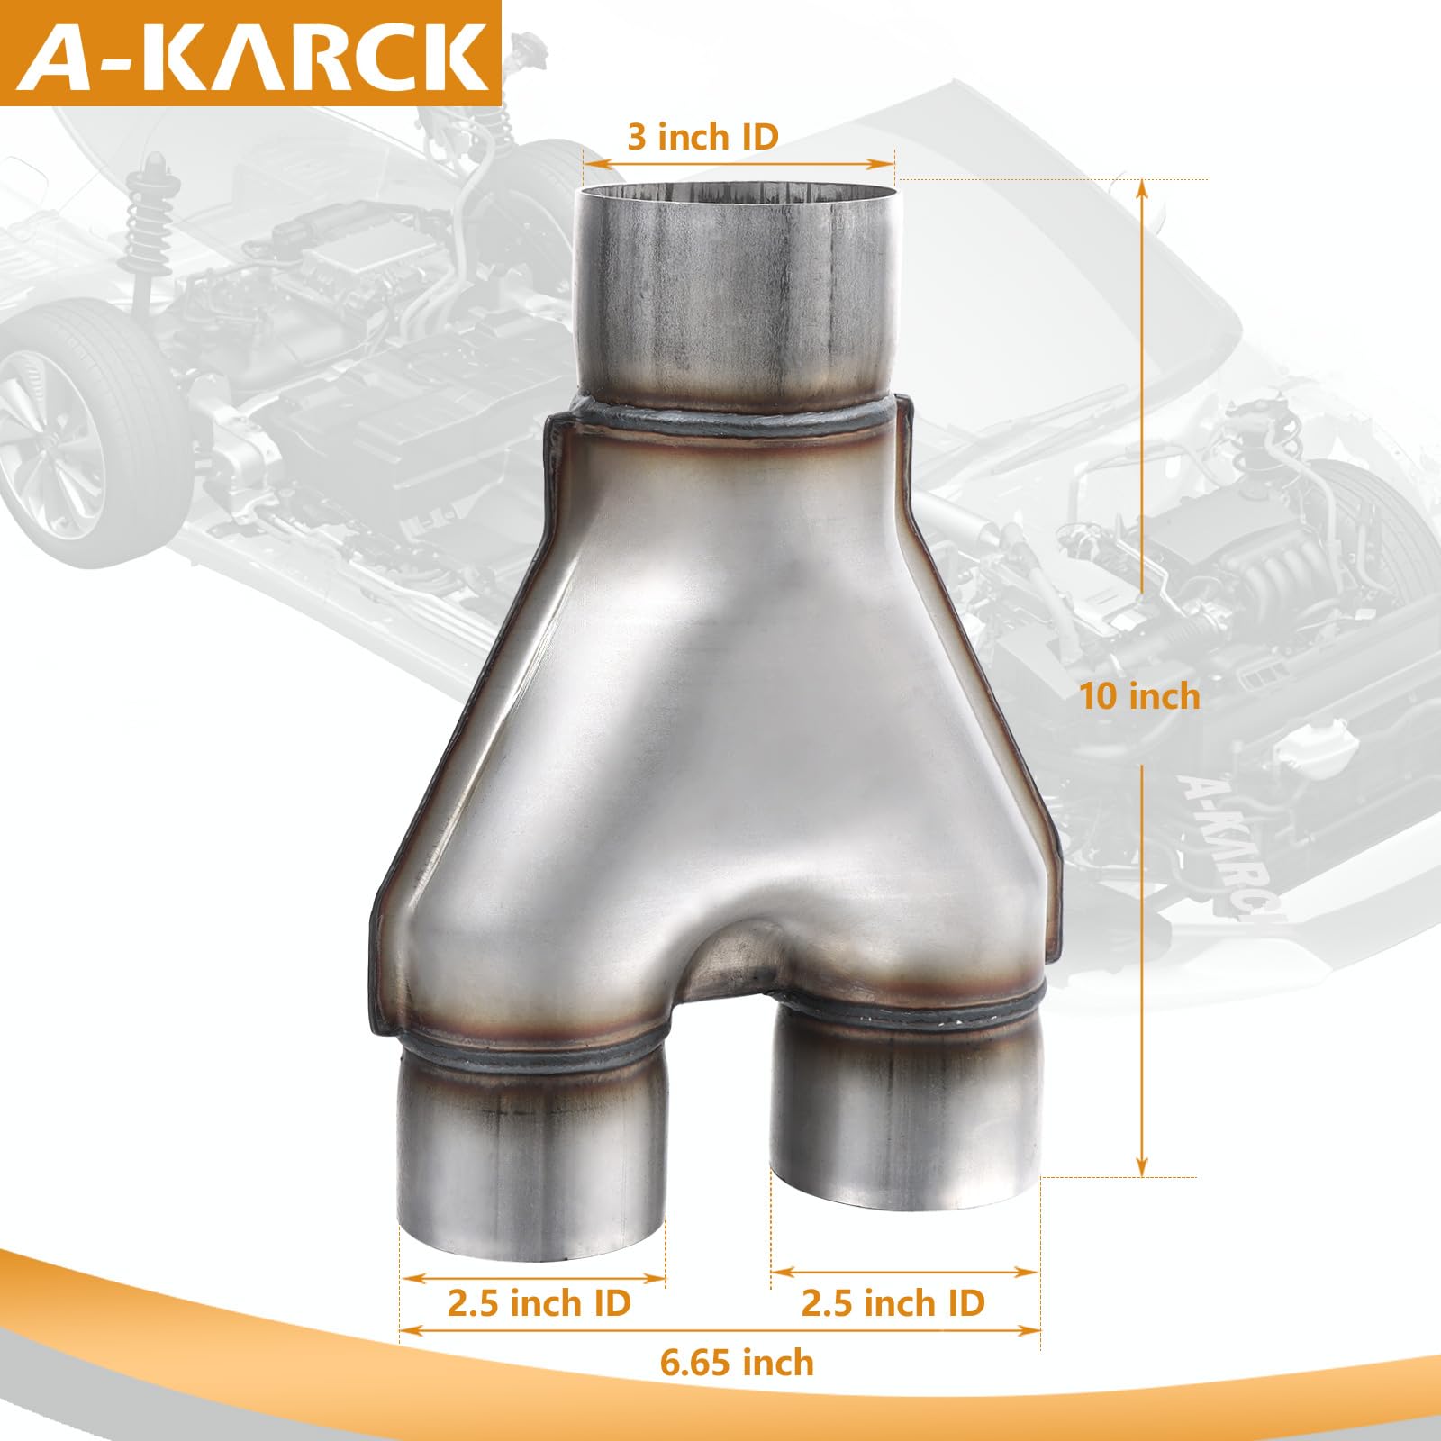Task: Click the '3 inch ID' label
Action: pos(702,137)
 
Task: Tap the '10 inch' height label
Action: pos(1139,696)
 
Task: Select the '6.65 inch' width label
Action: pos(737,1363)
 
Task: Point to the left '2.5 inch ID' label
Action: pos(539,1303)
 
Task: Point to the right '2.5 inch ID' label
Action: pos(893,1303)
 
